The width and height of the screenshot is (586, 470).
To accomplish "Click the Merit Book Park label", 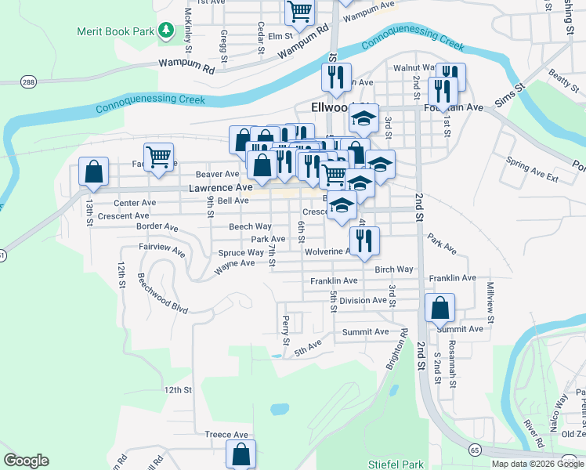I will (x=115, y=31).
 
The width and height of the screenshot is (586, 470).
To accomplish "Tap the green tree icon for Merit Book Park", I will (x=165, y=31).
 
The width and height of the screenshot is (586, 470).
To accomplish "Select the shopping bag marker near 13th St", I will (x=93, y=172).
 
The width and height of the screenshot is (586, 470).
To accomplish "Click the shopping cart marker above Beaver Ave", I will (x=158, y=156).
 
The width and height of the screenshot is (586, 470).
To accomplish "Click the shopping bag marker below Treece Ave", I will (x=241, y=454).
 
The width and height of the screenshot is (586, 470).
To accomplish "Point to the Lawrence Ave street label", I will (x=220, y=188).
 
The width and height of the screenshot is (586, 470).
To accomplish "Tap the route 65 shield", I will (x=475, y=450).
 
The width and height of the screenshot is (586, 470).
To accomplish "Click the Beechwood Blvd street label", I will (x=163, y=293).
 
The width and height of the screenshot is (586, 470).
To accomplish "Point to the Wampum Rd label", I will (x=186, y=67).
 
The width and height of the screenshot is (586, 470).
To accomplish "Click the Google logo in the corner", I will (x=26, y=461).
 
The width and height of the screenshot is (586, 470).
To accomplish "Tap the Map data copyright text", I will (x=537, y=464).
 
